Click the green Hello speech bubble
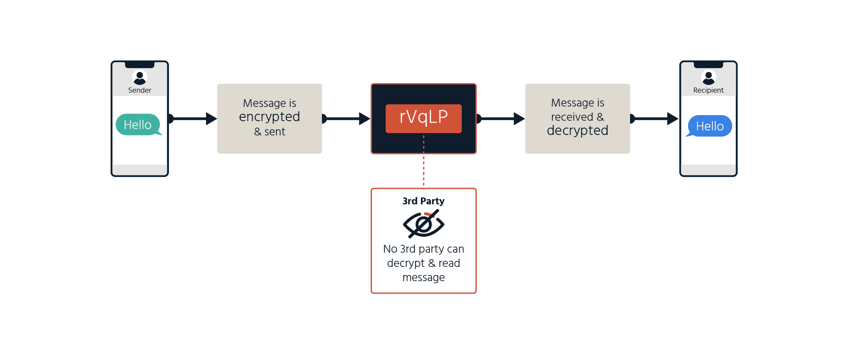[x=138, y=125]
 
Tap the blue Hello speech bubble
[x=709, y=126]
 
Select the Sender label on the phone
[x=140, y=90]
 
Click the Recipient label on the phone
[x=708, y=90]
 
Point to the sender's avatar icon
[x=140, y=77]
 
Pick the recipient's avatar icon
[x=709, y=77]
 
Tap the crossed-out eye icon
[x=423, y=223]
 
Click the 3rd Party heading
[x=423, y=201]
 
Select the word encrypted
[x=270, y=117]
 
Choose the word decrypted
[x=577, y=130]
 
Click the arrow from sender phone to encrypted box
[x=192, y=119]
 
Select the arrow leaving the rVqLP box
[x=500, y=119]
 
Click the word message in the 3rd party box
[x=423, y=277]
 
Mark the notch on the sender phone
[x=140, y=65]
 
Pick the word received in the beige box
[x=572, y=117]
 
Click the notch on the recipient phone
[x=709, y=65]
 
